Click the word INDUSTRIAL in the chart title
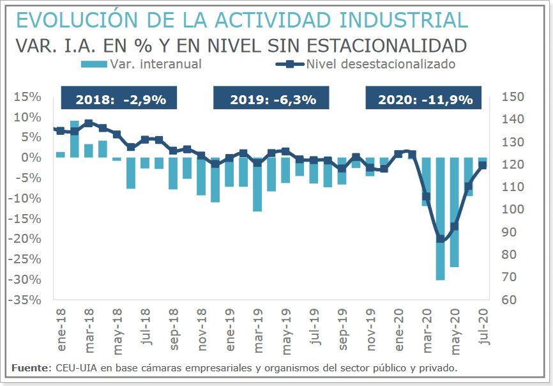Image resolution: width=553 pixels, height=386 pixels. [403, 20]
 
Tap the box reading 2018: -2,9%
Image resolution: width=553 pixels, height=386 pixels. [119, 100]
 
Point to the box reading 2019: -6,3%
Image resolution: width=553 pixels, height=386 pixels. [271, 100]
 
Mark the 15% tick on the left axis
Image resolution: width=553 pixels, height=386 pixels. [29, 96]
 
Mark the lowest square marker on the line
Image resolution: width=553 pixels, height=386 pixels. [440, 239]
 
